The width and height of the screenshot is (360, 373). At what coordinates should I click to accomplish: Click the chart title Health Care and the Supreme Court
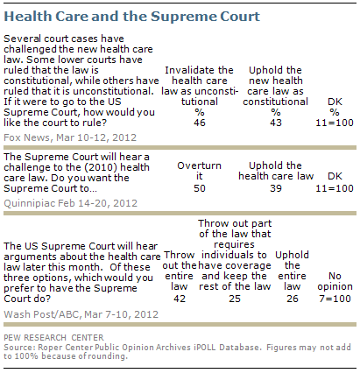(x=131, y=17)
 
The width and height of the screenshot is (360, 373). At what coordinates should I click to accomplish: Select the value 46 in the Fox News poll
(x=200, y=123)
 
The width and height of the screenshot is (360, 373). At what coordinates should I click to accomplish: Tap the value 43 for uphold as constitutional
(x=276, y=123)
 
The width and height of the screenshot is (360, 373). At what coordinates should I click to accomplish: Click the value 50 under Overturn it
(x=200, y=188)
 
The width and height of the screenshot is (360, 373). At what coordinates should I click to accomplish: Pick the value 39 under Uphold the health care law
(x=276, y=188)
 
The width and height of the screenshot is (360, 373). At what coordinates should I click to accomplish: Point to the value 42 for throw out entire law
(x=180, y=299)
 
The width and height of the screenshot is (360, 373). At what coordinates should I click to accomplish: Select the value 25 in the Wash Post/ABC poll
(x=235, y=299)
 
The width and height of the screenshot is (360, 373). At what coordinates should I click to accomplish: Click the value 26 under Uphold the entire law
(x=292, y=299)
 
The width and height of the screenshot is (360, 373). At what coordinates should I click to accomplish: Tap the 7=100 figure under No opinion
(x=335, y=299)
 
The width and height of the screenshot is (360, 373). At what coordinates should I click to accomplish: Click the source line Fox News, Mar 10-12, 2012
(x=70, y=137)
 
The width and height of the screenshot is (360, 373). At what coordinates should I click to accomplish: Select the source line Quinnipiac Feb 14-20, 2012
(x=70, y=203)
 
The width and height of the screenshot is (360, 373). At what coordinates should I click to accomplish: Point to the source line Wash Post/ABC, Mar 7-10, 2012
(x=81, y=314)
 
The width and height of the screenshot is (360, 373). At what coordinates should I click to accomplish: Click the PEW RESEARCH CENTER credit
(x=53, y=338)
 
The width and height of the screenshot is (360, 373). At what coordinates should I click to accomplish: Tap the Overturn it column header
(x=199, y=171)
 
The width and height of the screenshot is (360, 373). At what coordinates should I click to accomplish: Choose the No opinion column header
(x=335, y=281)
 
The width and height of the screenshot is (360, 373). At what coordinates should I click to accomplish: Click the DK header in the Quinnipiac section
(x=335, y=176)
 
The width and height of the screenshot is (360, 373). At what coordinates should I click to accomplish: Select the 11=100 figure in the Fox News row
(x=335, y=123)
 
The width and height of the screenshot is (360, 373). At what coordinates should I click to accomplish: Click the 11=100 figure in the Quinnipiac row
(x=335, y=188)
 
